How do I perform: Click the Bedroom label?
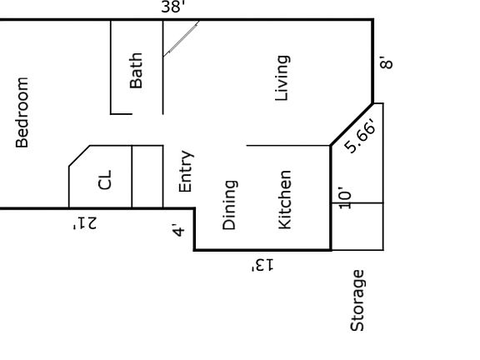click(22, 112)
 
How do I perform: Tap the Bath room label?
click(136, 70)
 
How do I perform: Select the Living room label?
click(282, 78)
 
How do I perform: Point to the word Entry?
click(186, 171)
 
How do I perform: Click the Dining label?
click(229, 205)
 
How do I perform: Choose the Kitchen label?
click(285, 200)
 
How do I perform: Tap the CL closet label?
click(105, 180)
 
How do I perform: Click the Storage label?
click(357, 301)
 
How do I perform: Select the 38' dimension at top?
click(173, 7)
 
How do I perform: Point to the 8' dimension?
click(387, 62)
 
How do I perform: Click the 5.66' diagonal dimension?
click(360, 135)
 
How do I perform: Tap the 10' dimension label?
click(345, 198)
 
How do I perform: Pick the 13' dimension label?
click(262, 265)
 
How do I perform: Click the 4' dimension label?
click(178, 230)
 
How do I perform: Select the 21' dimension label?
click(85, 222)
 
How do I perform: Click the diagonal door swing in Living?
click(181, 39)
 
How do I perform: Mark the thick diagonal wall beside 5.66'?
click(352, 125)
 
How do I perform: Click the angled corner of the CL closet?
click(80, 156)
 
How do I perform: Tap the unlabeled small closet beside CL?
click(147, 177)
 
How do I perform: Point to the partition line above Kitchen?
click(288, 145)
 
